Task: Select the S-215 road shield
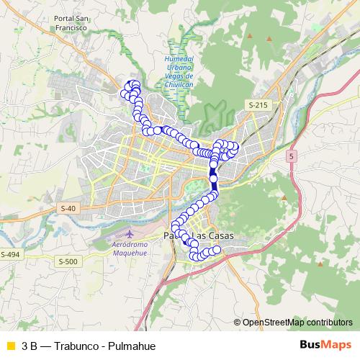coord(258,105)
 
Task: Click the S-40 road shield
coord(68,208)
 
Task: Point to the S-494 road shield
coord(10,255)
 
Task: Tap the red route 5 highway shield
coord(292,156)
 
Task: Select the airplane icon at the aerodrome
coord(130,234)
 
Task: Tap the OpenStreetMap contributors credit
coord(297,323)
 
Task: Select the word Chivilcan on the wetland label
coord(179,84)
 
